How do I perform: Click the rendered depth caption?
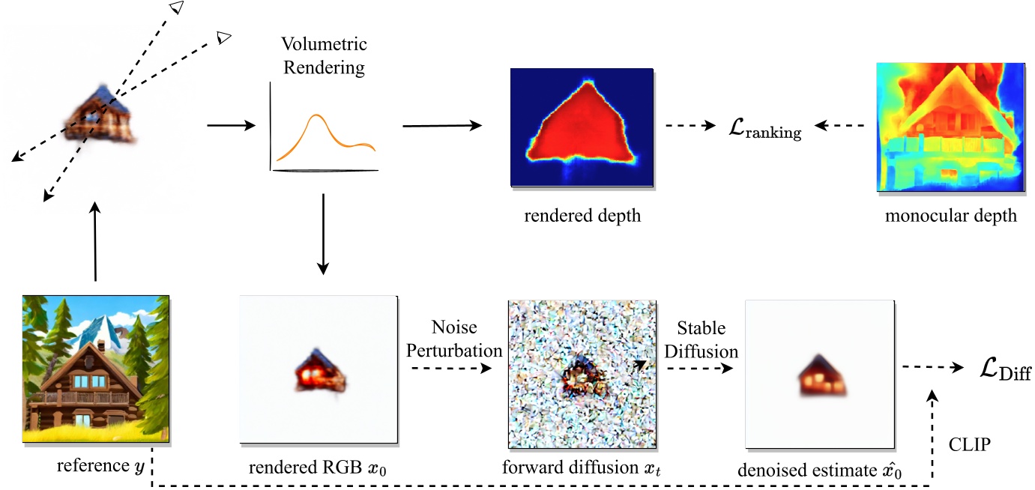[x=582, y=217]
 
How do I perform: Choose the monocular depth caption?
[x=950, y=217]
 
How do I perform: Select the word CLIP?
[x=970, y=446]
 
